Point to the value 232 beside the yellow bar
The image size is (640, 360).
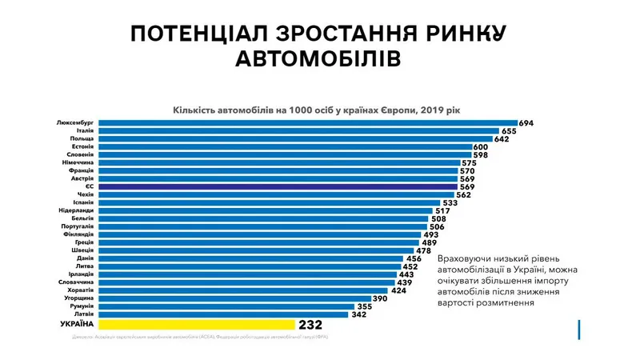310,326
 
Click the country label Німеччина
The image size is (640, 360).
78,163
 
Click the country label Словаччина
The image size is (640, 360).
77,282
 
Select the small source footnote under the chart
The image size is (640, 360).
200,337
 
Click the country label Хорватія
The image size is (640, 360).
80,290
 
